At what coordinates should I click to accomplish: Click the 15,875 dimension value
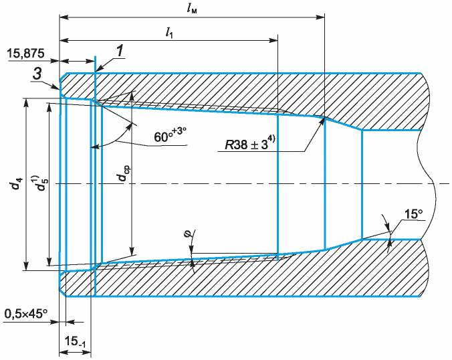tap(25, 54)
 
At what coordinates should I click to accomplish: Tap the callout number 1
tap(120, 51)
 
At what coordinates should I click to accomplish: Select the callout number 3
tap(37, 74)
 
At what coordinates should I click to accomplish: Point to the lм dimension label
tap(192, 9)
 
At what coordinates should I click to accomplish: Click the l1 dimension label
tap(169, 33)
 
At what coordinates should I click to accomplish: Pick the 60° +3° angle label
tap(170, 135)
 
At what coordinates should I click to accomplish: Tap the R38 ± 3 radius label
tap(250, 143)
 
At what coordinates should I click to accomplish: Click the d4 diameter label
tap(17, 184)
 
